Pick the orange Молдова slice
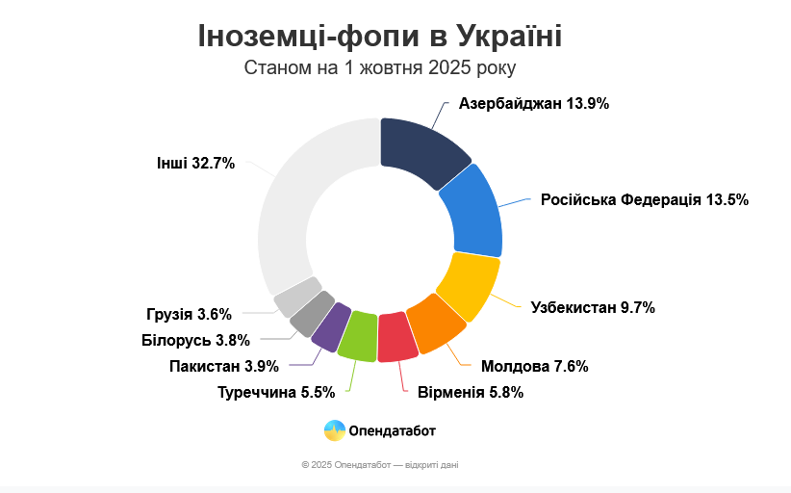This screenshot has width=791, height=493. [x=436, y=324]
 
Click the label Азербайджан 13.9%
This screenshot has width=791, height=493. [x=534, y=104]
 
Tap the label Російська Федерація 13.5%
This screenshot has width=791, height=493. [x=645, y=200]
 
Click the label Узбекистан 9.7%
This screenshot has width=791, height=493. [x=593, y=308]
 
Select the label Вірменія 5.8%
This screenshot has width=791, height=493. [x=471, y=393]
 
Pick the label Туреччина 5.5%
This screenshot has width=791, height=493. [x=276, y=393]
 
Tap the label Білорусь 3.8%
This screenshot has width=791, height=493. [x=195, y=340]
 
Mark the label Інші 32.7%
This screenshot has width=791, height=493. [x=195, y=163]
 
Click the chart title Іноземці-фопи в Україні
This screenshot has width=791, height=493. [x=380, y=36]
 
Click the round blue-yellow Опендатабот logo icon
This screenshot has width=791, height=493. [x=335, y=430]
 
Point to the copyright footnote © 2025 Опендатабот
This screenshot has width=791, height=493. [x=380, y=465]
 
